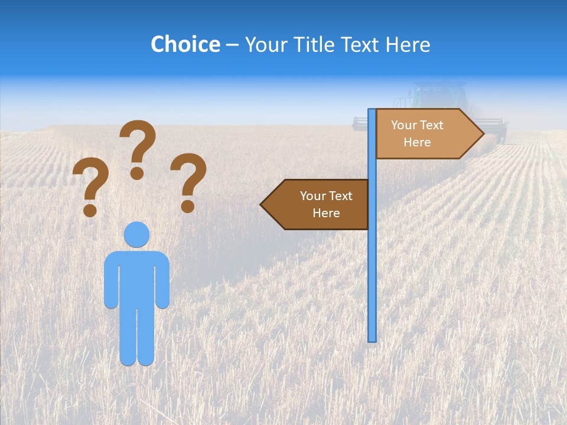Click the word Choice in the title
coord(185,44)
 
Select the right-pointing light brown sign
coord(425,134)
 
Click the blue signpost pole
coord(372,266)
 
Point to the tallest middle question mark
coord(138,145)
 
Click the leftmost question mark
coord(90,183)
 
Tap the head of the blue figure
coord(136,234)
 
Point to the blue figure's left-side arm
coord(110,283)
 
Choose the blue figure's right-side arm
coord(162,283)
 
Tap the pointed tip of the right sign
coord(481,134)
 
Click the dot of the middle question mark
coord(137,173)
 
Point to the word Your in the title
coord(265,44)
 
